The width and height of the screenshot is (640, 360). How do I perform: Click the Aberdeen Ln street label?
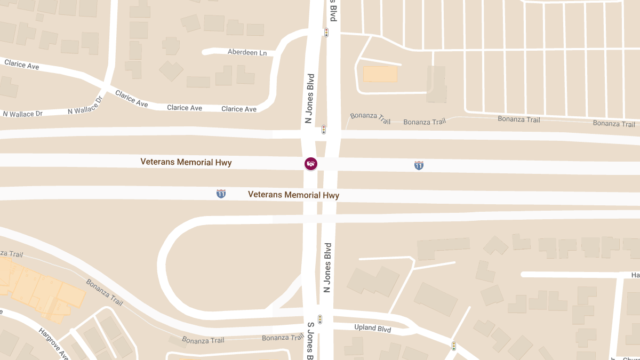(x=247, y=52)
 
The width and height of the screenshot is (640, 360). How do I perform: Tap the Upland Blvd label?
(x=372, y=329)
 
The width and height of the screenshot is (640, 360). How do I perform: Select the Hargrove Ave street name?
(x=53, y=343)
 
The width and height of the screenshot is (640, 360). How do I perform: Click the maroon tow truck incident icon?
(x=311, y=163)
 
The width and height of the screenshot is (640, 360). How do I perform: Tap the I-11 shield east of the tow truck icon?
(x=419, y=165)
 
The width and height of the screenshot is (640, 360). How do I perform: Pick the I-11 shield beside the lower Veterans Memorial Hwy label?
(x=221, y=194)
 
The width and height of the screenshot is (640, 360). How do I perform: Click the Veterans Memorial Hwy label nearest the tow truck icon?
(x=186, y=162)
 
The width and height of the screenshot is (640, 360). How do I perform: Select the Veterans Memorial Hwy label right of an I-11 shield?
(x=293, y=195)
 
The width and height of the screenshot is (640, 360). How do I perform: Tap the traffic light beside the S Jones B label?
(x=320, y=319)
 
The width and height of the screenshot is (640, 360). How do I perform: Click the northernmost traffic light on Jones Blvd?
(x=326, y=33)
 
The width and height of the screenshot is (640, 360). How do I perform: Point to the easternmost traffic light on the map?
(x=453, y=346)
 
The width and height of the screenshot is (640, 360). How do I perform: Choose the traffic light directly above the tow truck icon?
(x=323, y=130)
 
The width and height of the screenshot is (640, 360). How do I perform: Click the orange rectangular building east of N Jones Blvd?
(x=380, y=74)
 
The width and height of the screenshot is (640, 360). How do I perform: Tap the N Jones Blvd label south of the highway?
(x=327, y=268)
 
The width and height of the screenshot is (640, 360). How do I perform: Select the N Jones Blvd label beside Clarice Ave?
(x=308, y=99)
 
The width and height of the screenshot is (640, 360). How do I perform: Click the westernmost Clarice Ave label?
(x=22, y=65)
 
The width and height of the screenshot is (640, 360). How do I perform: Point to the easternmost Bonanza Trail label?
(x=614, y=124)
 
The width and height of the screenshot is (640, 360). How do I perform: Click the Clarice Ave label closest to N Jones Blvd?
(x=239, y=109)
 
